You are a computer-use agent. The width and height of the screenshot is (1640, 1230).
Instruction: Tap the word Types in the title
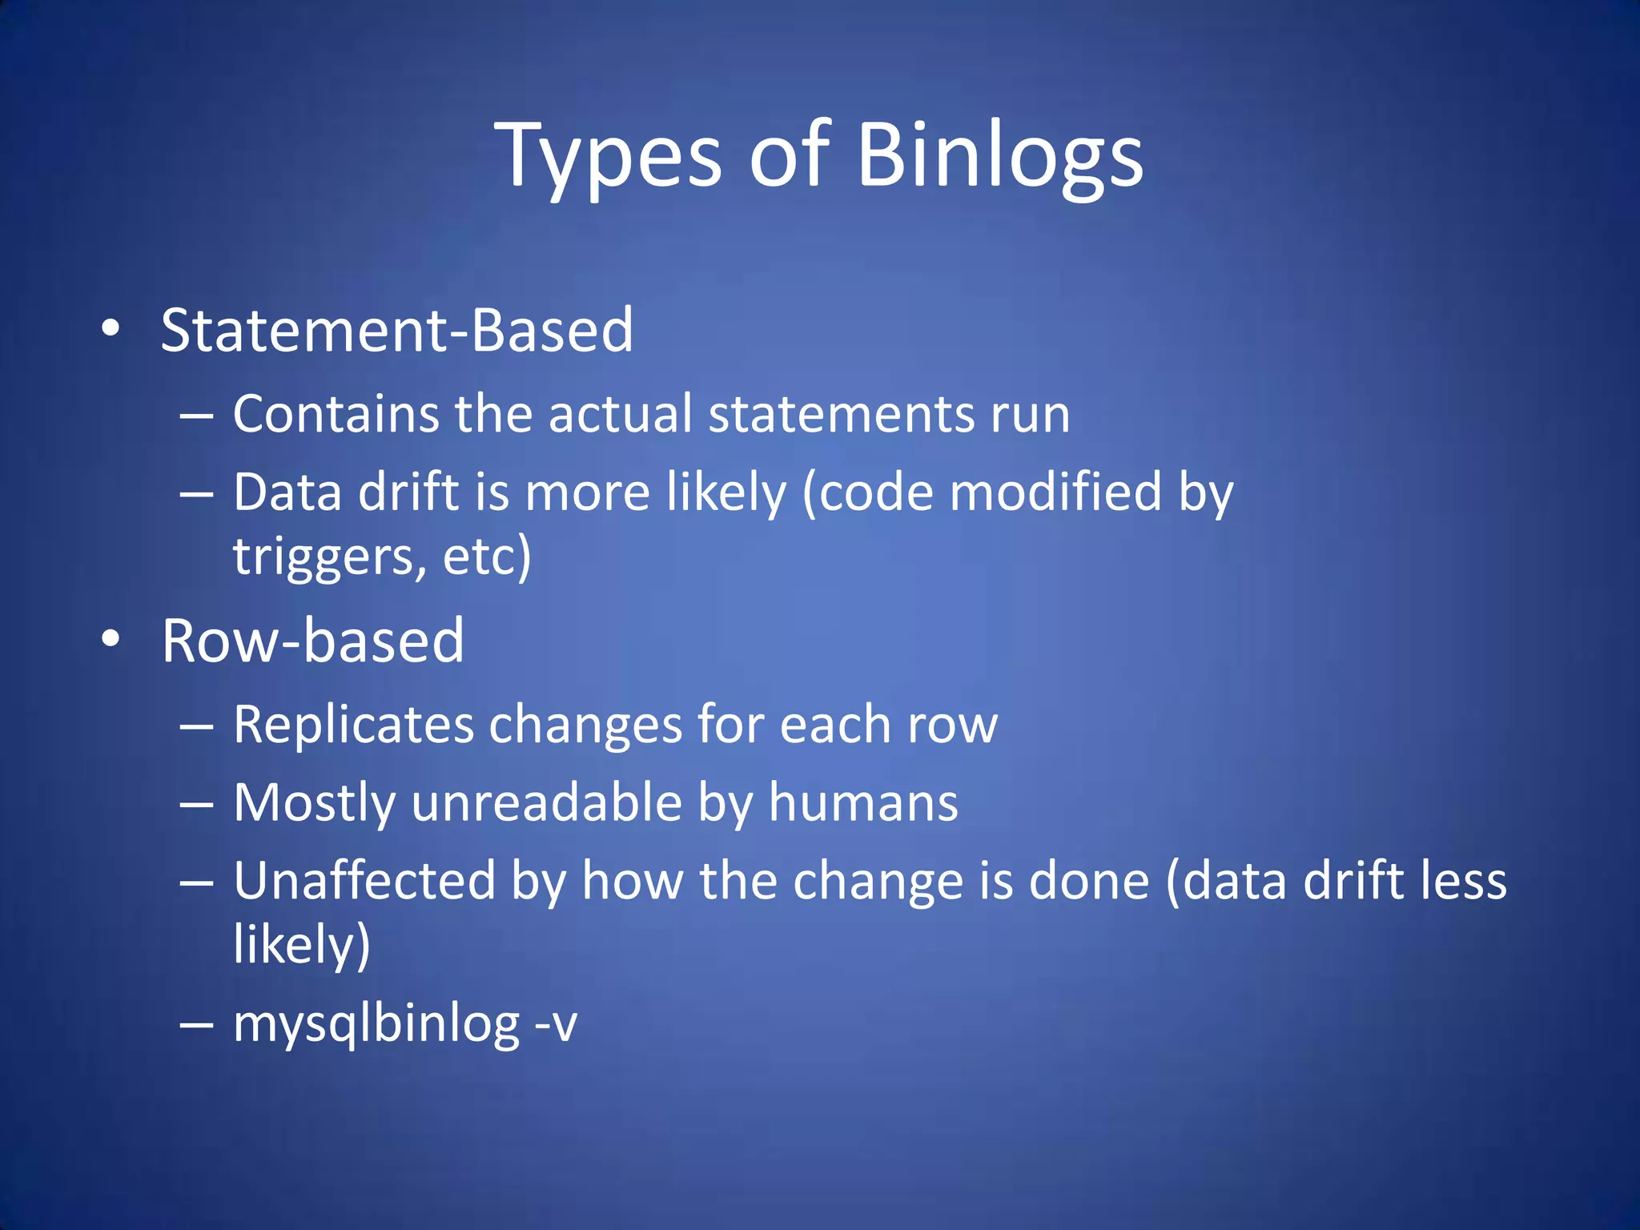(x=609, y=156)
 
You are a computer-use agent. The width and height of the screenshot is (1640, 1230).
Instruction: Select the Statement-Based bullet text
(x=397, y=330)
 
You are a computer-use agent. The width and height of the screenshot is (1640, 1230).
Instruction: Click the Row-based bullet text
(x=312, y=641)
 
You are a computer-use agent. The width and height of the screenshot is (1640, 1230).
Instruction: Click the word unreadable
(x=546, y=803)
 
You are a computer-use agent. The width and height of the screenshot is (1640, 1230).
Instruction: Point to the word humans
(x=863, y=803)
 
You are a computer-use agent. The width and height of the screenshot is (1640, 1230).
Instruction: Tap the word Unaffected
(x=365, y=881)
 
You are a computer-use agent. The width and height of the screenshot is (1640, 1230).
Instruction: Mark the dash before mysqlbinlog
(x=196, y=1024)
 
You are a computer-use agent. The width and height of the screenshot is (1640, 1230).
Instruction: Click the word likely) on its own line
(x=302, y=945)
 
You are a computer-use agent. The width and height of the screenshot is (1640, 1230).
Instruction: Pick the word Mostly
(x=315, y=803)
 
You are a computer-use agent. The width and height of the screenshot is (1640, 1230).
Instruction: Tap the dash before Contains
(x=196, y=416)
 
